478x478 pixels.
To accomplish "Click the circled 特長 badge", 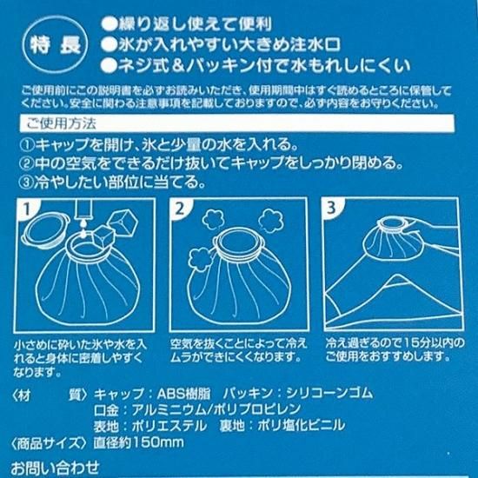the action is [x=55, y=45].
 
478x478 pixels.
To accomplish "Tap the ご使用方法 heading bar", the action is [x=237, y=123].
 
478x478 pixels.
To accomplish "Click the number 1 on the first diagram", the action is [x=27, y=209].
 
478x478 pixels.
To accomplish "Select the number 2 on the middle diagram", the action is [x=180, y=209].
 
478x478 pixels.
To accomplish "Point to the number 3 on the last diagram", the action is [x=331, y=208].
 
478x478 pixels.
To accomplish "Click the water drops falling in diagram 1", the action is [x=83, y=229].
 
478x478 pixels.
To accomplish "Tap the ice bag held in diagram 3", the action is [x=392, y=239].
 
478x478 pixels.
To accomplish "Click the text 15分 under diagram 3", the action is [x=417, y=343].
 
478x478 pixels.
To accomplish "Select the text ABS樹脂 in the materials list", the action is [x=183, y=394].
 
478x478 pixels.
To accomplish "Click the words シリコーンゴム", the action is [x=329, y=393].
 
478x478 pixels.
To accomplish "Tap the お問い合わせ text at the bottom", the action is [x=55, y=468].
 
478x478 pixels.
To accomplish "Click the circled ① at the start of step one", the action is [x=28, y=145].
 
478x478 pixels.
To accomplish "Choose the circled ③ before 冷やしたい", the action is [x=27, y=183].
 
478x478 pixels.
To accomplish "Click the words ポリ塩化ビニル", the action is [x=302, y=425].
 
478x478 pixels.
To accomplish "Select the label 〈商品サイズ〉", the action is [x=49, y=442].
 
